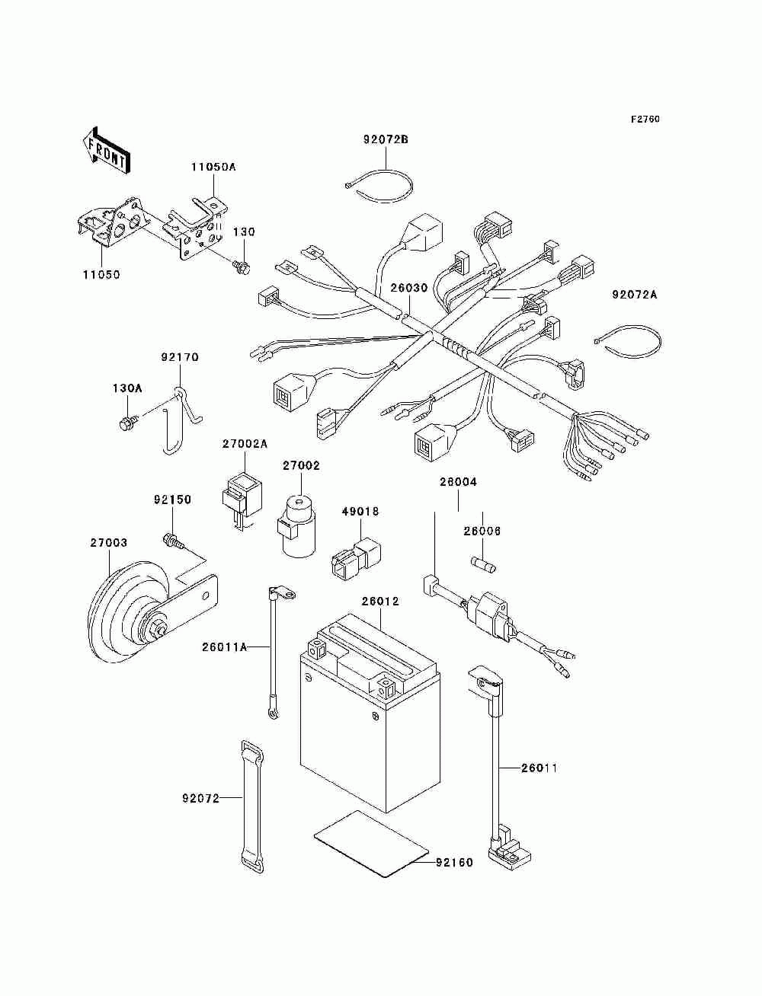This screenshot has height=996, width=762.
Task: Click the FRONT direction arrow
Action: [106, 150]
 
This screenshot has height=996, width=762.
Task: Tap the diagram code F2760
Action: [645, 120]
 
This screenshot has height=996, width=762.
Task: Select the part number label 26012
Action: [380, 602]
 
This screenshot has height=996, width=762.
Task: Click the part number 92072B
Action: [386, 139]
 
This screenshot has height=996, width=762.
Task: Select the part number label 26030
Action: [409, 288]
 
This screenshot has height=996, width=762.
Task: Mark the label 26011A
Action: [224, 647]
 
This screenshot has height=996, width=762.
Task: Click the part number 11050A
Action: [213, 167]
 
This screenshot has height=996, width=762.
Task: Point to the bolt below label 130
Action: [241, 267]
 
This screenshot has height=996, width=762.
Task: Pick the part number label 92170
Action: [180, 357]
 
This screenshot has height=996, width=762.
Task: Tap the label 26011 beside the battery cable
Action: [539, 768]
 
